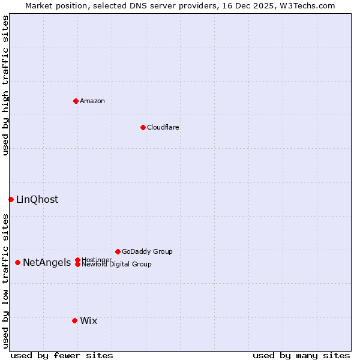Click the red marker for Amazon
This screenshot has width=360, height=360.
76,101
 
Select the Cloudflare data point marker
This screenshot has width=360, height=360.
143,127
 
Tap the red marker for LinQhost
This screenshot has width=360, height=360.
11,199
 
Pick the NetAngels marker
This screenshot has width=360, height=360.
18,262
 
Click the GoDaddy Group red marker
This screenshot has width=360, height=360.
118,251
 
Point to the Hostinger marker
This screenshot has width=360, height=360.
77,260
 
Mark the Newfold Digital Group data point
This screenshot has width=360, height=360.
77,265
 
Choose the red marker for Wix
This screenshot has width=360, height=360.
74,320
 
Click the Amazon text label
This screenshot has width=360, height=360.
92,101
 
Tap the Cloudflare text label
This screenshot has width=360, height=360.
163,127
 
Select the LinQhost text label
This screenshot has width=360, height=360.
37,200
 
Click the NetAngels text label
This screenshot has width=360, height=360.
47,263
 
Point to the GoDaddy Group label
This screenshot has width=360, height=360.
147,251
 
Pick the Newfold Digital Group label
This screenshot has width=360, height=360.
117,265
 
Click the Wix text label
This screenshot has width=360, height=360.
89,321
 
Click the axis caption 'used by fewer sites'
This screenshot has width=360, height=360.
62,355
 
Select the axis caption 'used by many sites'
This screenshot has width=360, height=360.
301,355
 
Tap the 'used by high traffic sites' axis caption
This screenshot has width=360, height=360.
5,85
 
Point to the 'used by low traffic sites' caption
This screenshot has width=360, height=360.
5,281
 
